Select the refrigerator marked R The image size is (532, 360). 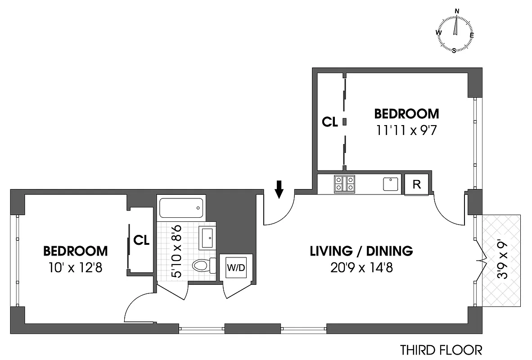(x=417, y=185)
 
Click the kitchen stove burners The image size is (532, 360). (x=344, y=184)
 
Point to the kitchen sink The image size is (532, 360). (x=391, y=184)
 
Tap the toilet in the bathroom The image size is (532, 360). (x=202, y=265)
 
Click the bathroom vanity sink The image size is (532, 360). (x=207, y=238)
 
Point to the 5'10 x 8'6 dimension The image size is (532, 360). (x=176, y=251)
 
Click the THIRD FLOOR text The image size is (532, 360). (x=441, y=350)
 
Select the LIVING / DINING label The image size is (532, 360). (x=361, y=251)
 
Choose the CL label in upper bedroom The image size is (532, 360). (x=330, y=121)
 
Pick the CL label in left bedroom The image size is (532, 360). (x=141, y=240)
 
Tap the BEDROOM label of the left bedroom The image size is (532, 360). (x=75, y=251)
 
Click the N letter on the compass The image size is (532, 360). (x=457, y=11)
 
